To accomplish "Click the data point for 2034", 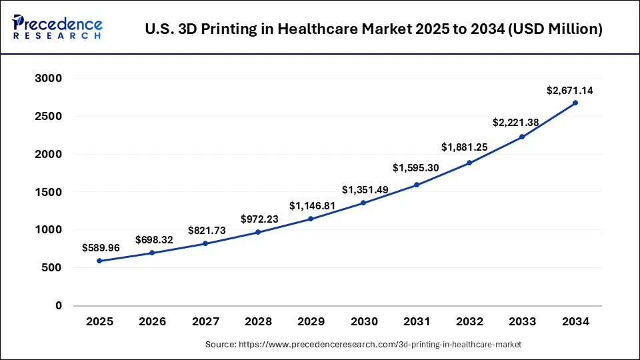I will point(575,103).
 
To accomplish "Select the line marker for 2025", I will point(100,261).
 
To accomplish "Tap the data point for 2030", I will point(364,203).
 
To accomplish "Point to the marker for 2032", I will point(469,163).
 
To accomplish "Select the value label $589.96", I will point(101,247).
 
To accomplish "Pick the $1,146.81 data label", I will point(311,206).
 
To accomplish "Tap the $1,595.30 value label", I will point(417,168).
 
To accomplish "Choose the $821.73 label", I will point(206,230).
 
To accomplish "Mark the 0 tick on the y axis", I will point(59,306).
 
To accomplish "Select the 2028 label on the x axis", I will point(259,322).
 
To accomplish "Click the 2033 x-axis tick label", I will point(522,322).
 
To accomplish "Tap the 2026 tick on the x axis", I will point(153,322).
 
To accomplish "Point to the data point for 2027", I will point(205,243).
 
